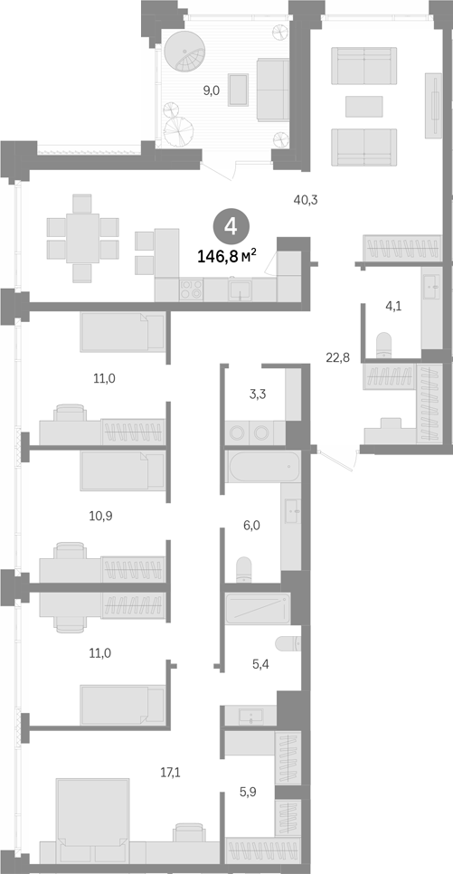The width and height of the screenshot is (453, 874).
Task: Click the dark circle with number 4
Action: pos(231,227)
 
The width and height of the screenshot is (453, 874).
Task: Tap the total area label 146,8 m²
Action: pos(227,256)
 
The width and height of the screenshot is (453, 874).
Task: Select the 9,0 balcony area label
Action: pos(211,90)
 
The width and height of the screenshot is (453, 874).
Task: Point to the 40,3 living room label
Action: pos(306,199)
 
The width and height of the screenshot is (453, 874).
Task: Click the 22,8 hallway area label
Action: pos(337,358)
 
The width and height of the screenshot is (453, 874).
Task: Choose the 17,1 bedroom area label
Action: pos(171,773)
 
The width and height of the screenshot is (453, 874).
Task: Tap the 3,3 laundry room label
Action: pos(258,395)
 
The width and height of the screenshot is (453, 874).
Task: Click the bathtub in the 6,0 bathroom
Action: pos(263,467)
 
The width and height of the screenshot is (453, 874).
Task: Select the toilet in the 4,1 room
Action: pos(384,345)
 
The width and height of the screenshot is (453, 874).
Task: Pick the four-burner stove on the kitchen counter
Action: pos(191,290)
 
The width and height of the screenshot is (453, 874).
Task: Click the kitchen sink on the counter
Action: pos(241,290)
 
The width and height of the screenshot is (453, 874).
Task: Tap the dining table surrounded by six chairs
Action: pos(82,238)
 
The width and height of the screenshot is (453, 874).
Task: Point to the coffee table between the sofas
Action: pos(363,107)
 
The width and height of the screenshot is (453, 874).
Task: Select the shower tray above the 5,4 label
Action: pos(258,609)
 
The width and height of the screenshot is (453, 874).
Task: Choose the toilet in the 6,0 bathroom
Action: pos(243,570)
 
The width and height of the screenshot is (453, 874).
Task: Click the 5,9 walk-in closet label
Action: pos(249,791)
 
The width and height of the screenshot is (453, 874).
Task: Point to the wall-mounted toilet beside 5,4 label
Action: pos(288,643)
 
